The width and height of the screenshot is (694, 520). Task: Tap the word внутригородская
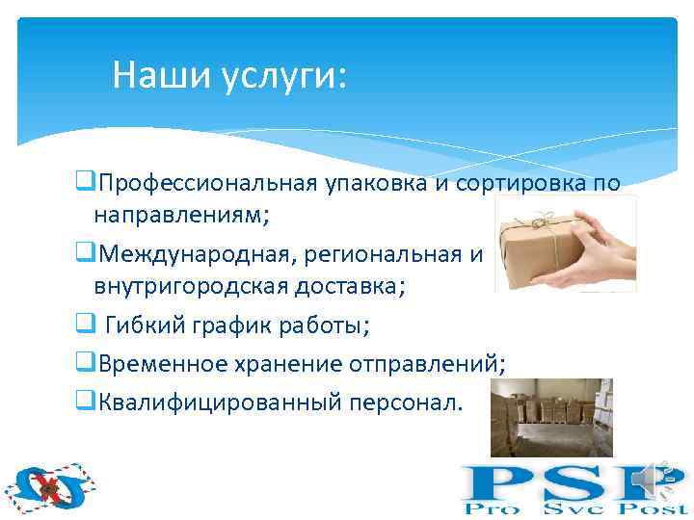pyautogui.click(x=192, y=288)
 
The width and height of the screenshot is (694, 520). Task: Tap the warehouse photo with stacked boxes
pyautogui.click(x=550, y=416)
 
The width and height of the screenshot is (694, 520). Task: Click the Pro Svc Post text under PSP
pyautogui.click(x=574, y=507)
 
